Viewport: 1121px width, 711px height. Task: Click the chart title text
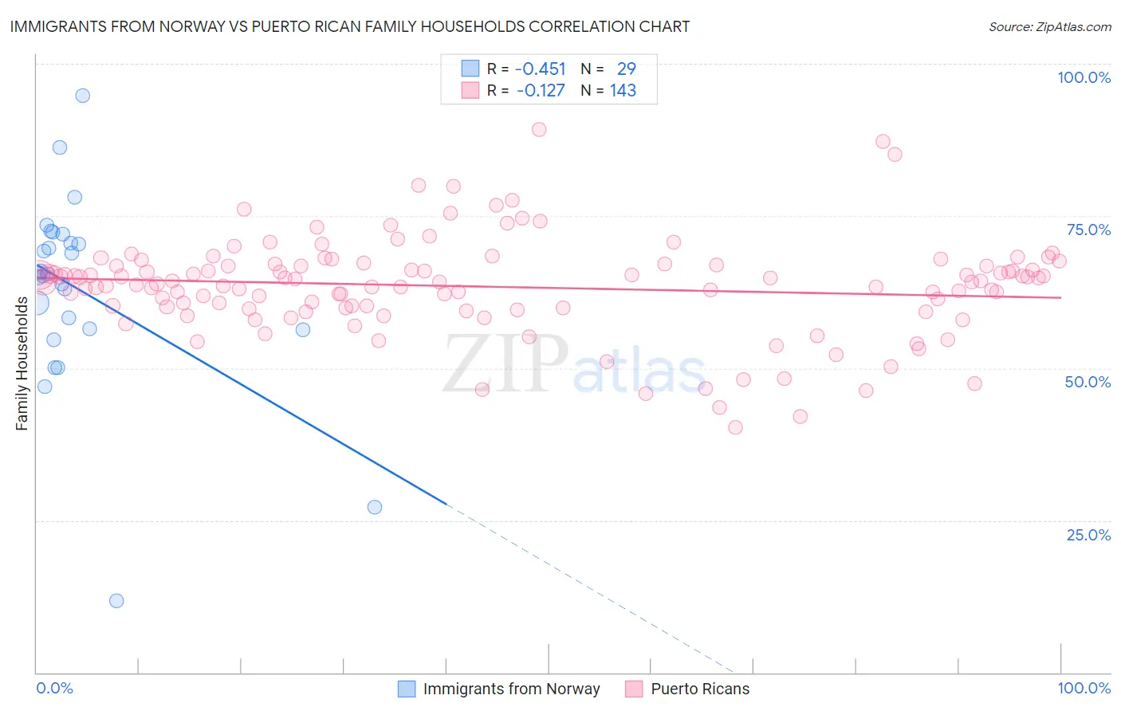[349, 26]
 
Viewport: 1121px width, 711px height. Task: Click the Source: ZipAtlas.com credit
[1049, 27]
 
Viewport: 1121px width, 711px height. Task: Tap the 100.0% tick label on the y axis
[1084, 77]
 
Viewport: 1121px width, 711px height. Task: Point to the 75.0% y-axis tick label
[1088, 230]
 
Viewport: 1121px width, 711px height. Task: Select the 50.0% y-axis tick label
[1088, 382]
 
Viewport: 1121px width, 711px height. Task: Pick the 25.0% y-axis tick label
[1088, 534]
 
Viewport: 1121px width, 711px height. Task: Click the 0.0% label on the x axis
[54, 688]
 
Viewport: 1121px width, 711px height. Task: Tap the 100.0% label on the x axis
[1084, 688]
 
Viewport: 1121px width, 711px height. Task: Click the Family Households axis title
[22, 363]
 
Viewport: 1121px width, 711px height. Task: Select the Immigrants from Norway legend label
[511, 689]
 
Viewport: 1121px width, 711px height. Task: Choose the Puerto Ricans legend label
[700, 689]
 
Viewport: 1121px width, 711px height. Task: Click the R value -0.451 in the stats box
[541, 69]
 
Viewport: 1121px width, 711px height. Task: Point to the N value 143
[623, 91]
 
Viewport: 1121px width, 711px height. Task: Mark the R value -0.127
[541, 91]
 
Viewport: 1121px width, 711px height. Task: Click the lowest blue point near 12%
[116, 601]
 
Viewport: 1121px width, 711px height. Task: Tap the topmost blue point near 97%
[82, 96]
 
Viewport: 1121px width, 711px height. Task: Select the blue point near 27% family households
[375, 507]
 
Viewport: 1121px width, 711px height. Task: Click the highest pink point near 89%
[539, 129]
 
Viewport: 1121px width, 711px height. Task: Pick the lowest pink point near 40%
[735, 427]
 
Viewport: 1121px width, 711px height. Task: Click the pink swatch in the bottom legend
[634, 689]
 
